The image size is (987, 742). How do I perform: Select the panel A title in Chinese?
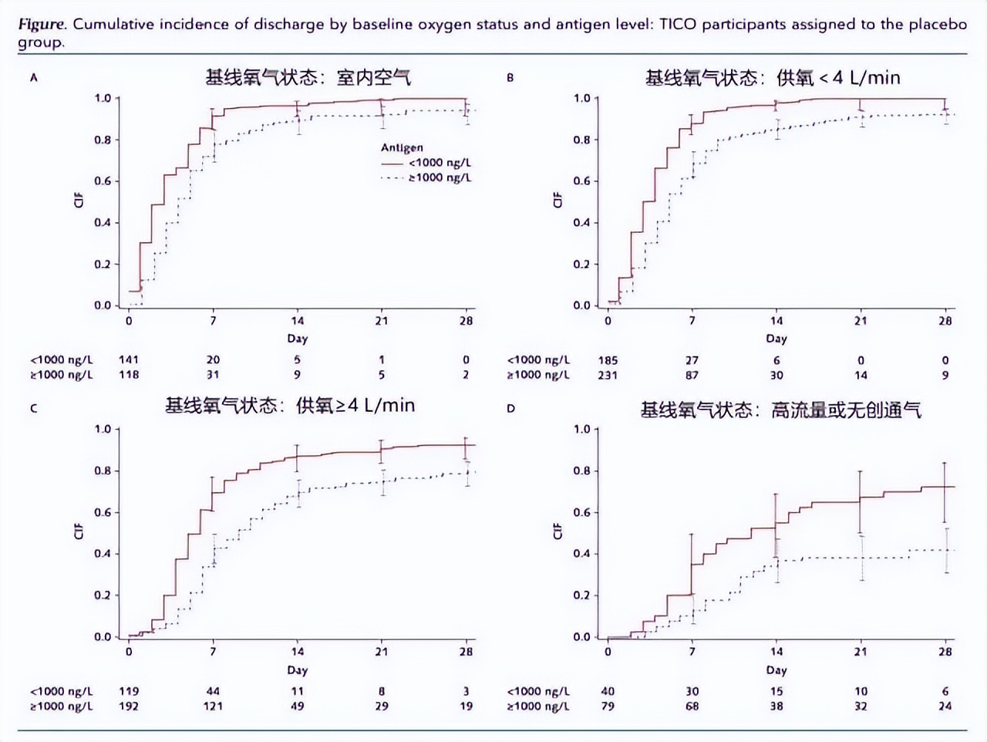click(308, 77)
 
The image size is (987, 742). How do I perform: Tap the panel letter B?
click(510, 77)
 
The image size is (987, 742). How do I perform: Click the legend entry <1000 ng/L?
click(440, 163)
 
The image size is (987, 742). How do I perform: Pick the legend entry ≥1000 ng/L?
click(440, 177)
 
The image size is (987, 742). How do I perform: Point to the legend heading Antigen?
click(402, 147)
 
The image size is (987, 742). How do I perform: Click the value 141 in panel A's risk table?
click(129, 359)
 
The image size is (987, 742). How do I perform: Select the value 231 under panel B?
click(608, 375)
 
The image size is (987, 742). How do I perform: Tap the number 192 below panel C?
click(129, 706)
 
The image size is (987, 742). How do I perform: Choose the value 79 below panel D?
click(608, 706)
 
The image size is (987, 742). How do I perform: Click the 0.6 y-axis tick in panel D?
click(581, 512)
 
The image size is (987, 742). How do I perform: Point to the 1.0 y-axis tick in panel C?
click(103, 429)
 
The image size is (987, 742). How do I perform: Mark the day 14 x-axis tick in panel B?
click(776, 321)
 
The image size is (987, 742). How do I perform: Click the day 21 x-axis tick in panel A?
click(382, 321)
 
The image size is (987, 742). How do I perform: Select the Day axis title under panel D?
click(776, 669)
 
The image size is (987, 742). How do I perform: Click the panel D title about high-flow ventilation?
click(780, 410)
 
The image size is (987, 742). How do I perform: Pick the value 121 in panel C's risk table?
click(213, 706)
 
